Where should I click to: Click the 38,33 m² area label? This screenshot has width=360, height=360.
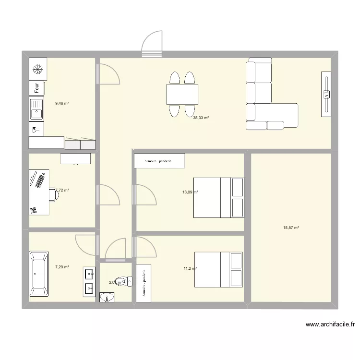tap(201, 117)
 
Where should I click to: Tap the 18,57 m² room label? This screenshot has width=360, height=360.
tap(291, 228)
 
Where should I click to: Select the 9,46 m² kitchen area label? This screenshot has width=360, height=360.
tap(62, 103)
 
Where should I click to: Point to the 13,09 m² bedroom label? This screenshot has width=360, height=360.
tap(190, 192)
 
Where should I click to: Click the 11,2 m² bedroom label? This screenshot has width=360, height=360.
tap(189, 269)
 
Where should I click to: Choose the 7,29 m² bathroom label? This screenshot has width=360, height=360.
tap(62, 267)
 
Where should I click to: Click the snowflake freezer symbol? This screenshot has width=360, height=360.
tap(37, 70)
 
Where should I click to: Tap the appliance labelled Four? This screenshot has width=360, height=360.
tap(37, 88)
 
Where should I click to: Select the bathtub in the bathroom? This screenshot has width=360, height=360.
tap(39, 274)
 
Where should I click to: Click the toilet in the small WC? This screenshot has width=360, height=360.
tap(125, 281)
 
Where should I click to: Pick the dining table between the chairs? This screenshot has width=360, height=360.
tap(182, 94)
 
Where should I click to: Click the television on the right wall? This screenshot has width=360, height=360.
tap(326, 94)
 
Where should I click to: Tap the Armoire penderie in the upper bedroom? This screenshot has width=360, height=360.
tap(159, 161)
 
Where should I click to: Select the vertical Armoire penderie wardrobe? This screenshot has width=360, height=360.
tap(144, 283)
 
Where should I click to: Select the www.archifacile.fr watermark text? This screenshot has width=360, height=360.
tap(330, 324)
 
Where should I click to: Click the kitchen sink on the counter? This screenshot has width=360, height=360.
tap(36, 114)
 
